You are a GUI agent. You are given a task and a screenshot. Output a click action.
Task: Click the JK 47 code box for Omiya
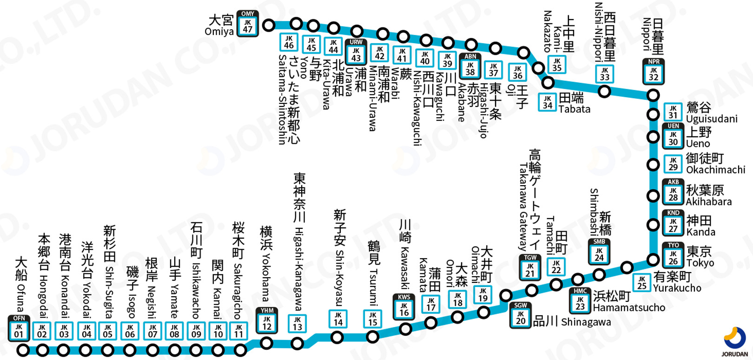pos(247,25)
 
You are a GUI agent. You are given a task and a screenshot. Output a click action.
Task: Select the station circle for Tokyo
pos(654,260)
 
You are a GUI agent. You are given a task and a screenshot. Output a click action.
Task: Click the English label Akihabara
pos(708,202)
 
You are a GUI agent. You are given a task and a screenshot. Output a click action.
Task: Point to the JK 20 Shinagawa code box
pos(521,317)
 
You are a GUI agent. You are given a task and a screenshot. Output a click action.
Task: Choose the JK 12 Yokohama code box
pos(267,322)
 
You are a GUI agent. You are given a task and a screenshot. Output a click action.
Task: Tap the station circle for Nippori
pos(654,96)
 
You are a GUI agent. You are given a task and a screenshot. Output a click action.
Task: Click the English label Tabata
pos(575,109)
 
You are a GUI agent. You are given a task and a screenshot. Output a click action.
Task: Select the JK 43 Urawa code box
pos(356,54)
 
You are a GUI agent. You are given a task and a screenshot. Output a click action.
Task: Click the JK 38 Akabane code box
pos(470,68)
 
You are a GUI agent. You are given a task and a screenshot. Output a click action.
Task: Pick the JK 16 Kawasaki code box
pos(404,308)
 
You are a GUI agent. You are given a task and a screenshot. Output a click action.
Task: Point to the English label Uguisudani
pos(712,119)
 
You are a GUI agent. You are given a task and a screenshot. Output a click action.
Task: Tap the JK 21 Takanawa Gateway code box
pos(530,269)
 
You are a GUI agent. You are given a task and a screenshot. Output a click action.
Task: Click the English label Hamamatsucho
pos(629,308)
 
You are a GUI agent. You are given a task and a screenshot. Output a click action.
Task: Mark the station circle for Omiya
pos(269,25)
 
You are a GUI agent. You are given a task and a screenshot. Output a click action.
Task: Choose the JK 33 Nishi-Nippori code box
pos(605,74)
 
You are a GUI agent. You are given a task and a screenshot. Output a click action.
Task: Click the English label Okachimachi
pos(715,170)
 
